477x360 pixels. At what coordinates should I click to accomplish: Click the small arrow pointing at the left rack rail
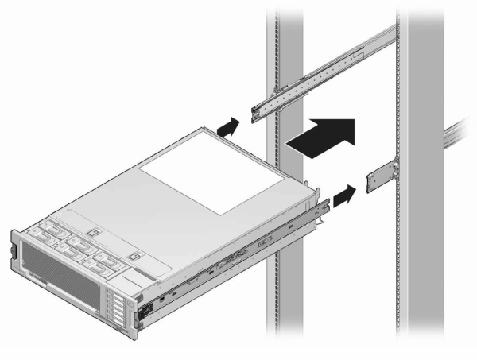point(227,125)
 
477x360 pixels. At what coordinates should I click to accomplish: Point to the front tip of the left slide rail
point(258,112)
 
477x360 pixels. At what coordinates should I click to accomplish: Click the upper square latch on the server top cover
point(93,233)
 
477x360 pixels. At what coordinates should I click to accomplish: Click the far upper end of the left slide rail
point(390,36)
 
